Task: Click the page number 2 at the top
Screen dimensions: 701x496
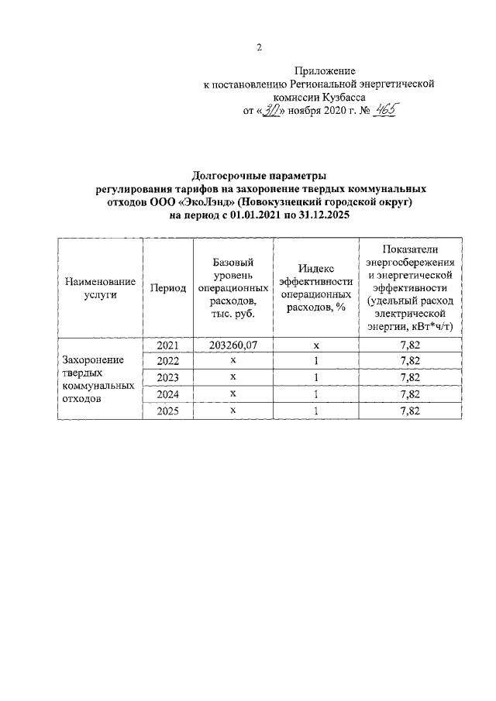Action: point(259,47)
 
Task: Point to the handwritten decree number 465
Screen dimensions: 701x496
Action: point(382,110)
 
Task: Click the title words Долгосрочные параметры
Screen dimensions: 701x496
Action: point(260,174)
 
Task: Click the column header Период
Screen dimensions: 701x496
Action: point(168,287)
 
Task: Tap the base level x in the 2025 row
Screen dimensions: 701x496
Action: point(232,411)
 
